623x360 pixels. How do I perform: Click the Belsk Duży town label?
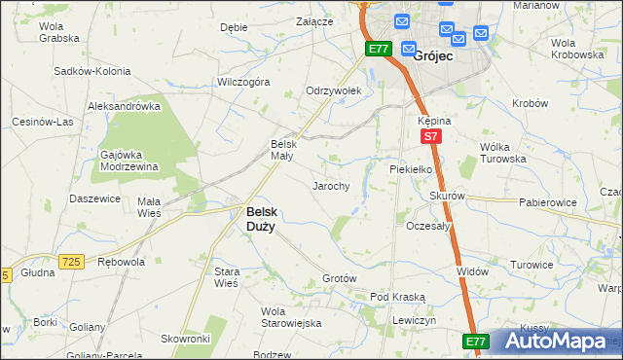coord(260,218)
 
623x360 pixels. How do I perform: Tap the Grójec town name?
coord(431,56)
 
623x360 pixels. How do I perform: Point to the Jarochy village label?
coord(330,186)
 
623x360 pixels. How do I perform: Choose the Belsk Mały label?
coord(281,150)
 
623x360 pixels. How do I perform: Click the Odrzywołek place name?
coord(333,90)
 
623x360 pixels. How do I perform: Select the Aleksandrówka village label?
coord(124,106)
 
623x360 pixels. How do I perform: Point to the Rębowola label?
coord(122,262)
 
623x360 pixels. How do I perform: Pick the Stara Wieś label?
coord(226,277)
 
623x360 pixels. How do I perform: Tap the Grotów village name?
coord(340,279)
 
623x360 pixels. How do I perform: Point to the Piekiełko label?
coord(410,168)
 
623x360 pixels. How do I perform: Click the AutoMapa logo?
coord(555,342)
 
